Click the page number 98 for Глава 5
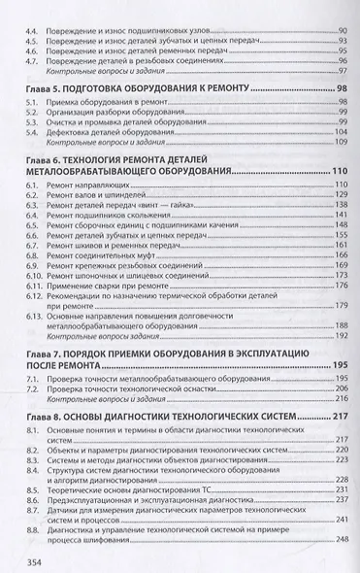341,88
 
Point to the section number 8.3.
36,455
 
